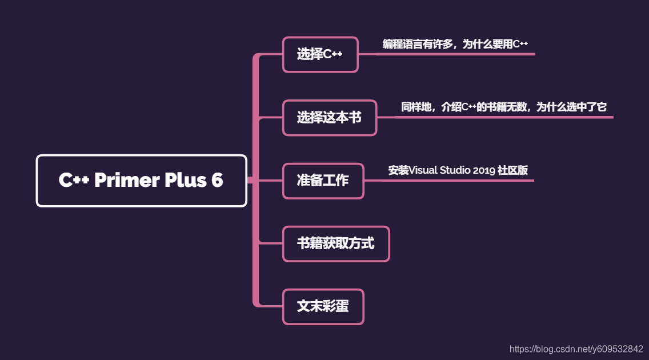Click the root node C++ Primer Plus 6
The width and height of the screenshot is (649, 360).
coord(141,181)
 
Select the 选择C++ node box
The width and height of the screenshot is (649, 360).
coord(320,55)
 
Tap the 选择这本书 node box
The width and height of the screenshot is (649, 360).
coord(330,118)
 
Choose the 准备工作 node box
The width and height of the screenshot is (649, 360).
coord(323,181)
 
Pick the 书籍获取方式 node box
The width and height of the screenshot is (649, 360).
coord(336,243)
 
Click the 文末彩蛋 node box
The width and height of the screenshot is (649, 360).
coord(323,306)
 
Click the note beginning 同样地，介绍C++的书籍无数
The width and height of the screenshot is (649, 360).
coord(503,107)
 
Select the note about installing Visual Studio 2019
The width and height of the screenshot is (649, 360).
coord(458,170)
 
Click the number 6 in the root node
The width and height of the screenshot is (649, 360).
coord(217,181)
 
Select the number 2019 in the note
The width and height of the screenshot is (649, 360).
coord(484,170)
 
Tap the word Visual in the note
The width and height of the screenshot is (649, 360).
coord(423,170)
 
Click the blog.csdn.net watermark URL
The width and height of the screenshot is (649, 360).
coord(576,349)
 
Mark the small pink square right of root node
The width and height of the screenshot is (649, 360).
coord(250,181)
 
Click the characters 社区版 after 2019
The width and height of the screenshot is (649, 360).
coord(513,170)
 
